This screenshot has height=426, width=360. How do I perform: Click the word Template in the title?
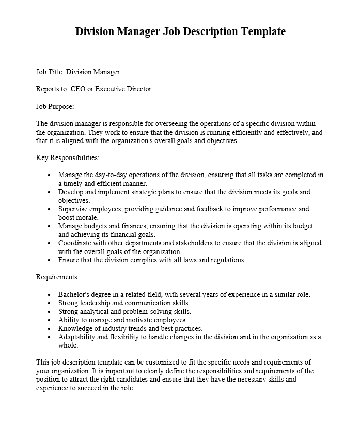(x=261, y=31)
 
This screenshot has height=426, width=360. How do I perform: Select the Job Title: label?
(x=50, y=72)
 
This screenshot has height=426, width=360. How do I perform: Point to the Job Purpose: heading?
(x=55, y=106)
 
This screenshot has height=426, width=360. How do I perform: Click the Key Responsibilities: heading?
(x=68, y=157)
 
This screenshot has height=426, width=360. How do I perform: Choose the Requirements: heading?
(x=57, y=277)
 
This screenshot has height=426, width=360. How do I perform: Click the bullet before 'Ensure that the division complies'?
(x=49, y=260)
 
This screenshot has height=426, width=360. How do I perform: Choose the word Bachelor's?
(x=76, y=295)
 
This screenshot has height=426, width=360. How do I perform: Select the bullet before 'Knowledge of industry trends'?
(x=49, y=329)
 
